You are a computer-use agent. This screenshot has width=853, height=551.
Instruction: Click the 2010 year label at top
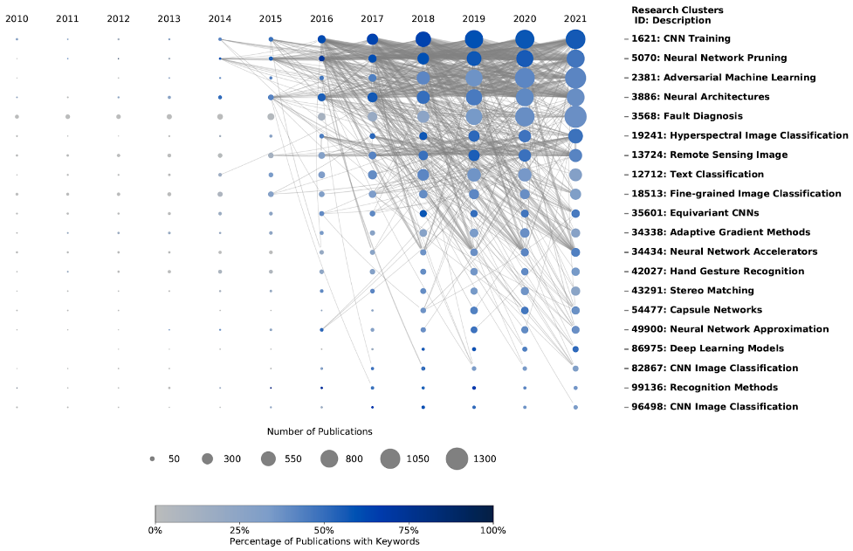[x=17, y=18]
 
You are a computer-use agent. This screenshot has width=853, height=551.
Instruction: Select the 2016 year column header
[x=321, y=18]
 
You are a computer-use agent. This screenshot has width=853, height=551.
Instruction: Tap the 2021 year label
[x=575, y=18]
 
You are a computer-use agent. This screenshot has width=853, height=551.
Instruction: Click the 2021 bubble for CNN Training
[x=575, y=39]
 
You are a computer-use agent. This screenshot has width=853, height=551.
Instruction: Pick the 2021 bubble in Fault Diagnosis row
[x=575, y=116]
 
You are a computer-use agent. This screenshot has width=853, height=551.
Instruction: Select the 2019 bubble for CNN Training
[x=474, y=39]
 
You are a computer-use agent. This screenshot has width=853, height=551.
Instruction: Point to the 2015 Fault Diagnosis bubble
[x=271, y=116]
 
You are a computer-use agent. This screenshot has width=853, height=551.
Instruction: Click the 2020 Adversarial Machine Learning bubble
[x=525, y=78]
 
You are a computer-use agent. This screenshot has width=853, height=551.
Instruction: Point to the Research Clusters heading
[x=677, y=10]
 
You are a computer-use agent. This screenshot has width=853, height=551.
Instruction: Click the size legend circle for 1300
[x=457, y=458]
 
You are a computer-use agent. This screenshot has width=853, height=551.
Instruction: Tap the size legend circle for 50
[x=152, y=458]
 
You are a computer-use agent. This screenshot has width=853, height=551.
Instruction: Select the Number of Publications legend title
[x=320, y=431]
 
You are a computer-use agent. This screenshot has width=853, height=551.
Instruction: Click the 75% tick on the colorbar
[x=409, y=530]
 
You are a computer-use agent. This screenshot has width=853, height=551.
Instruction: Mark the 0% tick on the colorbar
[x=155, y=530]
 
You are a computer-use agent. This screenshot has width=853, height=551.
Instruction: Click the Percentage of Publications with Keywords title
[x=324, y=541]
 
